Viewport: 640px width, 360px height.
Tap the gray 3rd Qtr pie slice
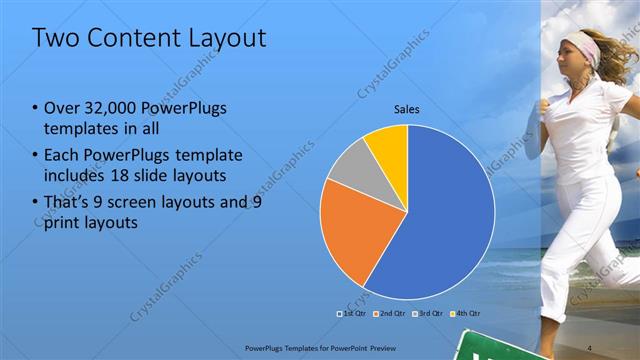[348, 168]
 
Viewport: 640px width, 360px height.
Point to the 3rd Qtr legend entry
[427, 313]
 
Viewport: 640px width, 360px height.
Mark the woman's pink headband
[583, 44]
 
